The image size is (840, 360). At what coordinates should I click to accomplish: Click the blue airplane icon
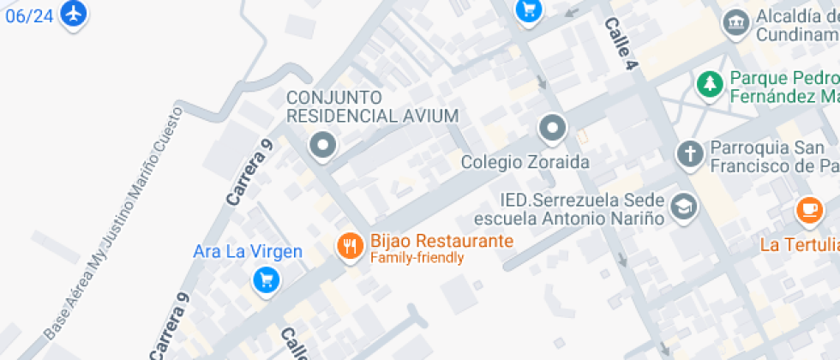pyautogui.click(x=75, y=14)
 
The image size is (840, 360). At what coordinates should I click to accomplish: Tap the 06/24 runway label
pyautogui.click(x=28, y=15)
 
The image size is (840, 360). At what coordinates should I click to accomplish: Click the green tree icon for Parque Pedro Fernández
pyautogui.click(x=709, y=84)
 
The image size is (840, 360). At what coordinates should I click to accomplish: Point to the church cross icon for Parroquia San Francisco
pyautogui.click(x=689, y=155)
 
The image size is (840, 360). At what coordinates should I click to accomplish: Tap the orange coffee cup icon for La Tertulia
pyautogui.click(x=808, y=208)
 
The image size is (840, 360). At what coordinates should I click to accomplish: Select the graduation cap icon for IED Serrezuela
pyautogui.click(x=683, y=207)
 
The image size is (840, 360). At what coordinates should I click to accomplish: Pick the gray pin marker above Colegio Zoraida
pyautogui.click(x=552, y=129)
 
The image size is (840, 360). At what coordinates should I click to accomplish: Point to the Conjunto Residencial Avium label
pyautogui.click(x=372, y=106)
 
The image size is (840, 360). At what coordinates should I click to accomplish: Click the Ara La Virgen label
pyautogui.click(x=248, y=252)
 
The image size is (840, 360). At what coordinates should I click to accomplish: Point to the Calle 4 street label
pyautogui.click(x=623, y=39)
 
